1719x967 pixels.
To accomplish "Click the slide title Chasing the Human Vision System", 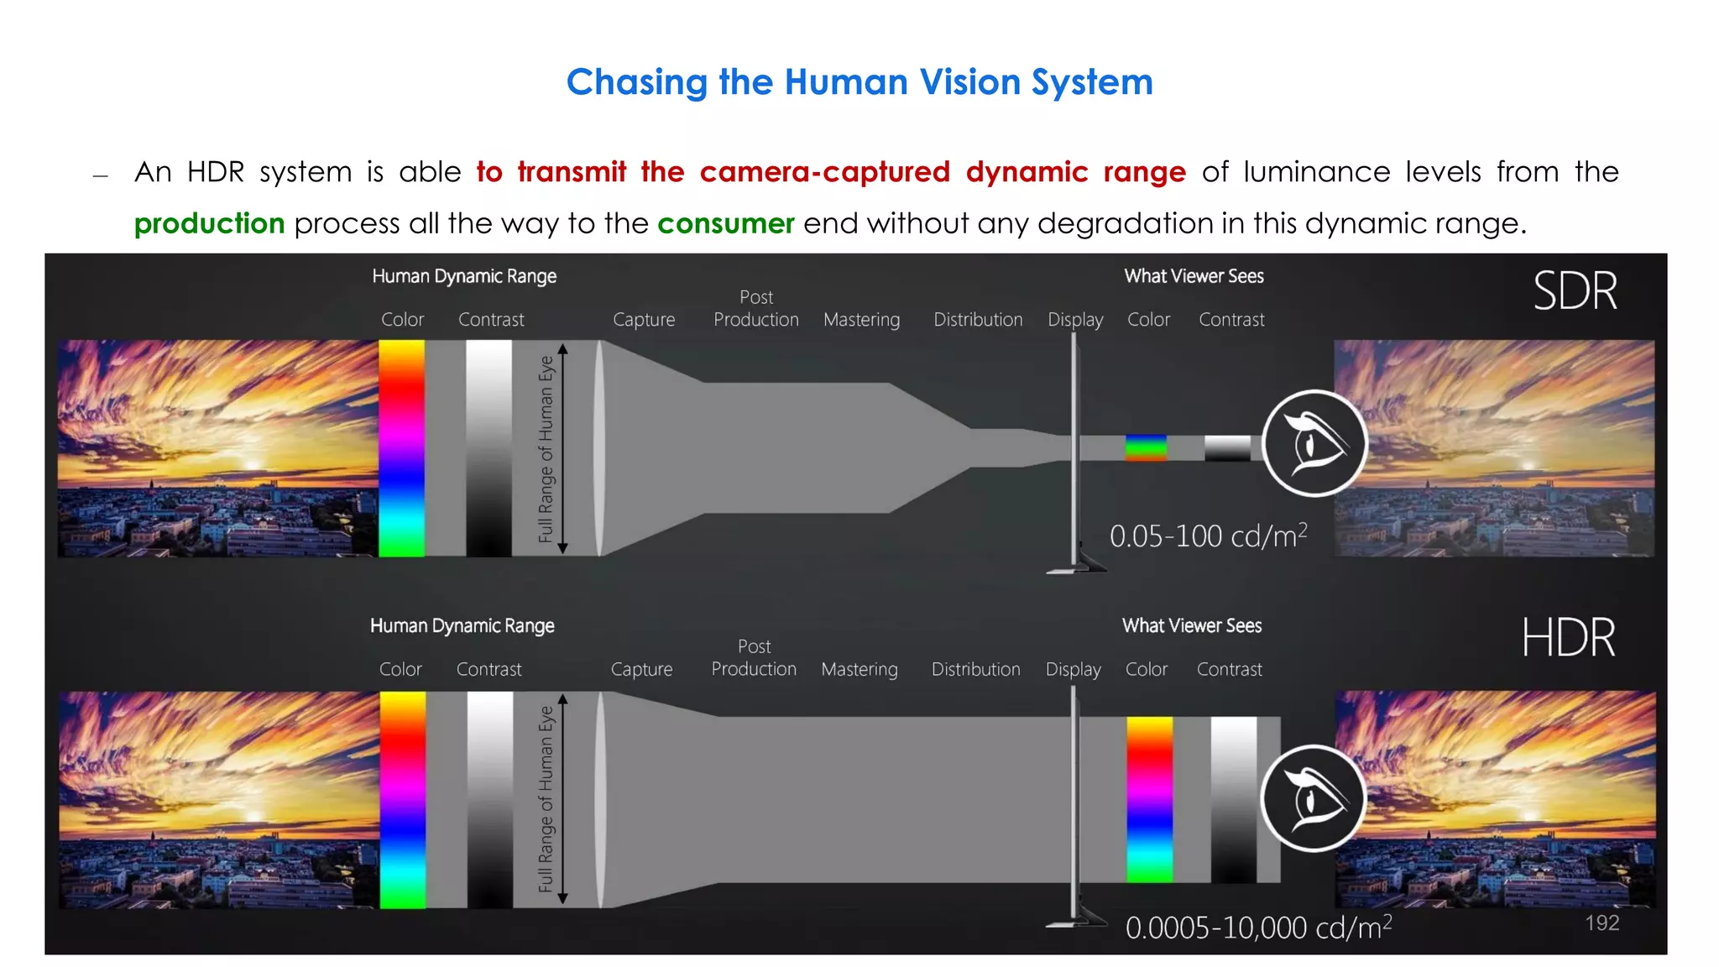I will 859,82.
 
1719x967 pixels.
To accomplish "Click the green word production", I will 209,223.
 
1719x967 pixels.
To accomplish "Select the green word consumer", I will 725,223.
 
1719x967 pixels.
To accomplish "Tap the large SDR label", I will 1575,291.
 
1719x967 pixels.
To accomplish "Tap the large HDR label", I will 1568,638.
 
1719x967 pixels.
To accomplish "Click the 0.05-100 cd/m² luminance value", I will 1208,536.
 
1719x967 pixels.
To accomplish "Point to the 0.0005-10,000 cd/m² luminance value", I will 1258,928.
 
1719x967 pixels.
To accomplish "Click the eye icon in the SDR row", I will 1314,443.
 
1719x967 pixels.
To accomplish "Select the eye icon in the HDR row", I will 1313,798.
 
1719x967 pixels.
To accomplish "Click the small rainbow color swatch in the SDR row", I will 1146,447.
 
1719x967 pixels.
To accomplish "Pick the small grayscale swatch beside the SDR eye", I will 1227,447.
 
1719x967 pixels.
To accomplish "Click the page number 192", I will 1601,923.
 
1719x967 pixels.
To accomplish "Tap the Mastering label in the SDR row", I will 861,320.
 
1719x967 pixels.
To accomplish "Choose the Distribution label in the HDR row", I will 975,669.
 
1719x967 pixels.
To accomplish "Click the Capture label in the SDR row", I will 644,320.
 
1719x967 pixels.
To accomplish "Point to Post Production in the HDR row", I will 754,658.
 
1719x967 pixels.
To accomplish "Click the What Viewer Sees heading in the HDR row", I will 1192,625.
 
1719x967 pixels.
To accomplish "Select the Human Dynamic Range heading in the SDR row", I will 464,276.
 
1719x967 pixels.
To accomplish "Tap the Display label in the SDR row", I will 1075,320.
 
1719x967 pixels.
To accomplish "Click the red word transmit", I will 572,172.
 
